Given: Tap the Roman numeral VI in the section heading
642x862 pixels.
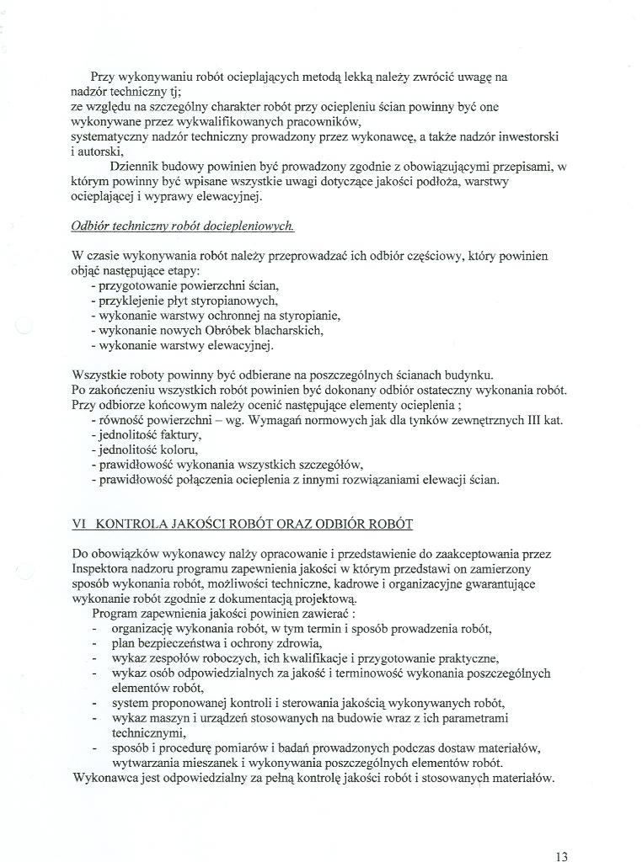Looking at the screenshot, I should tap(80, 524).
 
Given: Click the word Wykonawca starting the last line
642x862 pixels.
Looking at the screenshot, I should tap(105, 778).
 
